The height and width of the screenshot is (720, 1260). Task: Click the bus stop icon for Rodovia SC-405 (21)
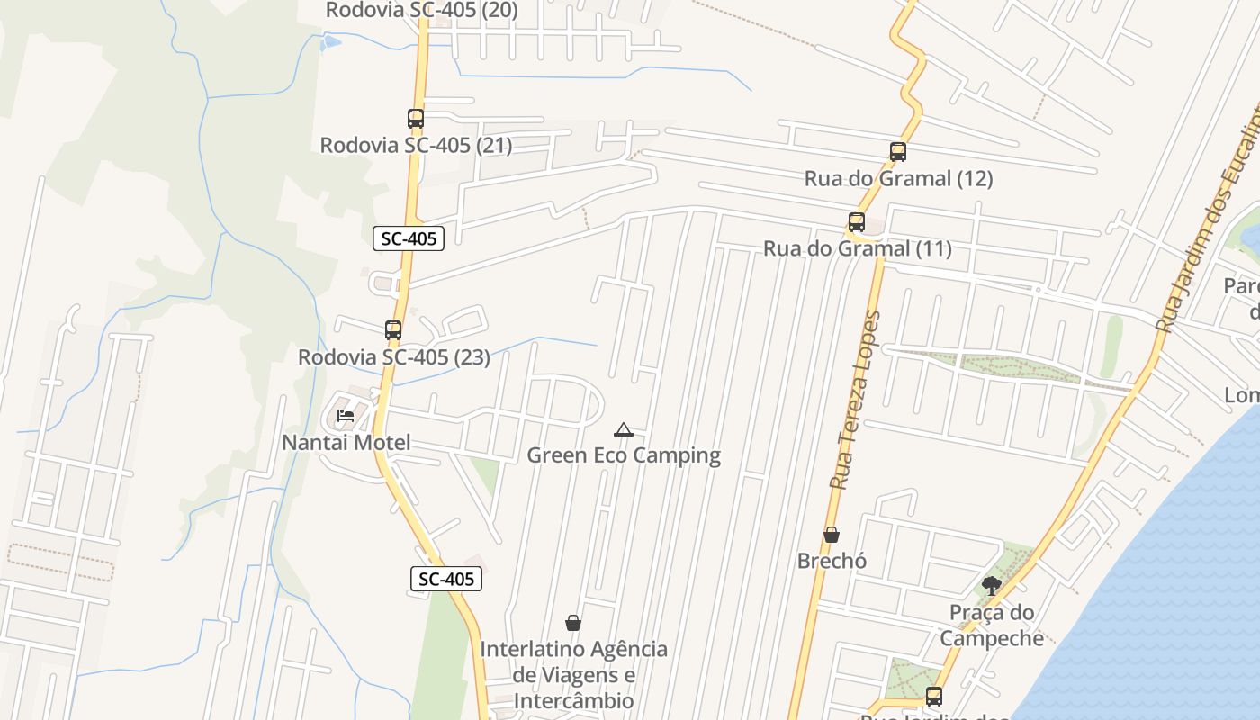coord(415,119)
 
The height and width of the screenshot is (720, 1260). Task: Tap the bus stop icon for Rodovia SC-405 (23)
coord(393,330)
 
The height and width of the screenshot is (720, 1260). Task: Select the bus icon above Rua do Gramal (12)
coord(897,152)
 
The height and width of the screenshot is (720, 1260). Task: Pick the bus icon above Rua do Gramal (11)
coord(857,222)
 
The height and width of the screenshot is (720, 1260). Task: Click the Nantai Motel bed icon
coord(346,416)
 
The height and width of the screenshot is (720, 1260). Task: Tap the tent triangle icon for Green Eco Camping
coord(623,430)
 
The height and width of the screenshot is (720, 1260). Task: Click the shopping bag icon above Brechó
coord(832,535)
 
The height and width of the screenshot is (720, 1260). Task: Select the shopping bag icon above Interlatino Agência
coord(573,623)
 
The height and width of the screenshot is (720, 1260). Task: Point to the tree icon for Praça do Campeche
coord(992,587)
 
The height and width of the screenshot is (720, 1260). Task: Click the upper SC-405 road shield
coord(409,238)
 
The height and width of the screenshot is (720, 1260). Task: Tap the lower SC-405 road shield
coord(446,579)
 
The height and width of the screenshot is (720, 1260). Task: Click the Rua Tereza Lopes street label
coord(855,400)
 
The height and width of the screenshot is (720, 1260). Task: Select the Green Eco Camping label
coord(624,455)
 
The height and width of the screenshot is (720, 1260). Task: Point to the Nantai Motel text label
coord(346,443)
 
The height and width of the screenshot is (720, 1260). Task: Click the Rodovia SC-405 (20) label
coord(421,10)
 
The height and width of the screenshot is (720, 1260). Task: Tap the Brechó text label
coord(832,561)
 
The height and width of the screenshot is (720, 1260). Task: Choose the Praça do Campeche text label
coord(992,625)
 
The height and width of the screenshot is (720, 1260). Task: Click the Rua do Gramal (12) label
coord(898,178)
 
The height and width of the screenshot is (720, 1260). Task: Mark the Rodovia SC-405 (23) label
coord(394,356)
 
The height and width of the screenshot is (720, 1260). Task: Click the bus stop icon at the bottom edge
coord(934,697)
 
